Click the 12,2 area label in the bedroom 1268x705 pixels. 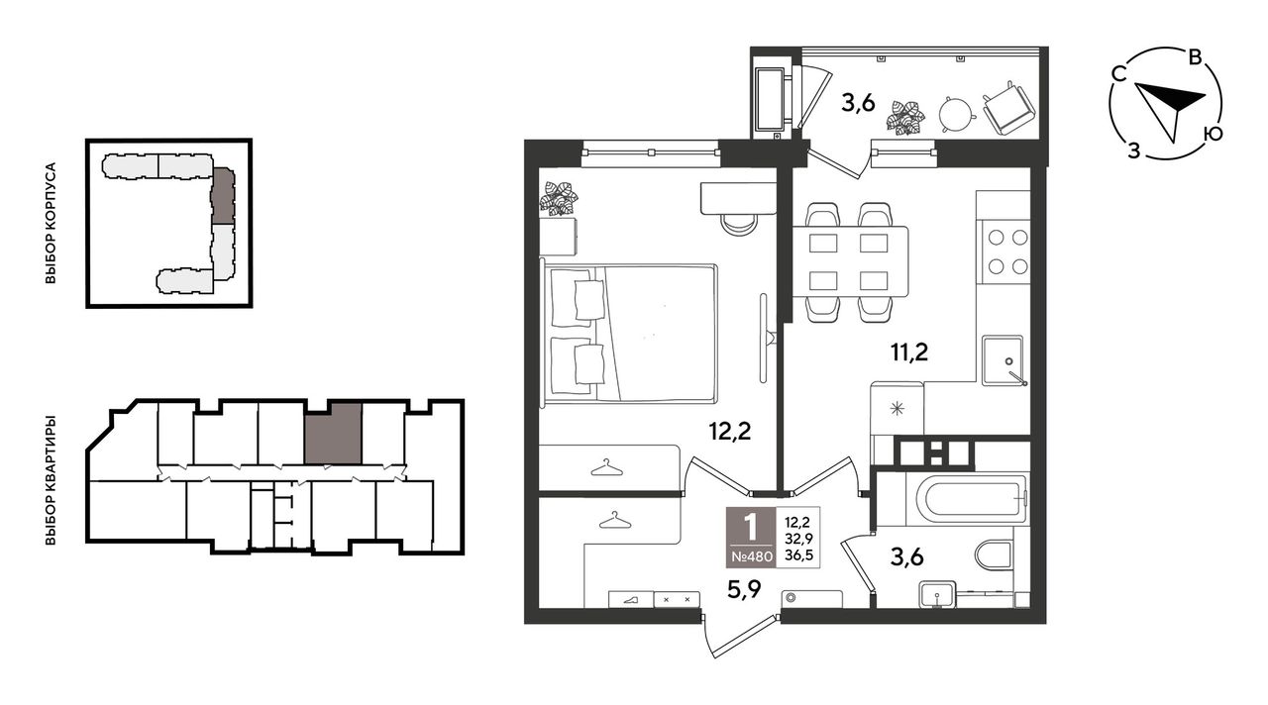pyautogui.click(x=730, y=433)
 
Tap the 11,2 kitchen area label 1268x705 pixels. pyautogui.click(x=909, y=353)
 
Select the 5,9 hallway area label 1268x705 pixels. pyautogui.click(x=744, y=591)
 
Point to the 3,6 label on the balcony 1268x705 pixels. pyautogui.click(x=858, y=104)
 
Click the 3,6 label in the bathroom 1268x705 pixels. pyautogui.click(x=906, y=556)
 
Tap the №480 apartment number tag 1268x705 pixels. pyautogui.click(x=751, y=556)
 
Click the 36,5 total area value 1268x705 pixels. pyautogui.click(x=798, y=555)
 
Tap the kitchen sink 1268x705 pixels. pyautogui.click(x=1003, y=361)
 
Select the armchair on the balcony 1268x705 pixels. pyautogui.click(x=1009, y=109)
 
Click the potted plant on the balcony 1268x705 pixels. pyautogui.click(x=906, y=118)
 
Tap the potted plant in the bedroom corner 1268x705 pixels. pyautogui.click(x=559, y=198)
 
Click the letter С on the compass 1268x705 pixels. pyautogui.click(x=1118, y=74)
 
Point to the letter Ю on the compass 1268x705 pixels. pyautogui.click(x=1214, y=134)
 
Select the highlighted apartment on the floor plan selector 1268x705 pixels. pyautogui.click(x=333, y=434)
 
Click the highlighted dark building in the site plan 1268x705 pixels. pyautogui.click(x=223, y=195)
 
